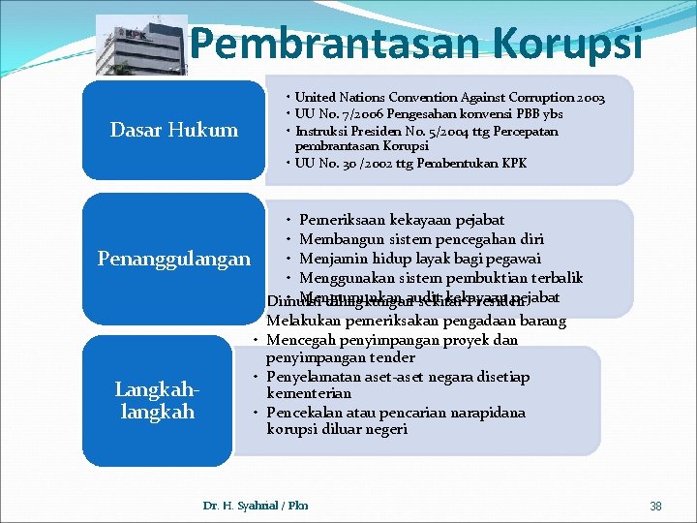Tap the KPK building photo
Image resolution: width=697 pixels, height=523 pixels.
(141, 46)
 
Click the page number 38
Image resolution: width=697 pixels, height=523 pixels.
(655, 506)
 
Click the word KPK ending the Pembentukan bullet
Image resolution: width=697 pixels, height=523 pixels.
(513, 163)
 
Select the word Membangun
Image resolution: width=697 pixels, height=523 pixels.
(340, 238)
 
